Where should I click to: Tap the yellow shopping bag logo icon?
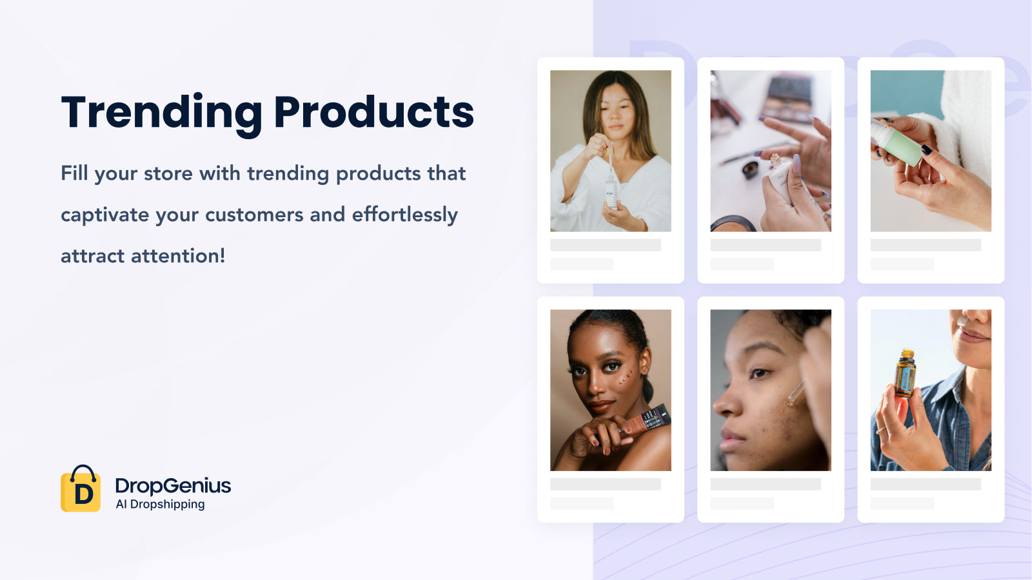(x=81, y=488)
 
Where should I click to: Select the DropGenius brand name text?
(x=174, y=486)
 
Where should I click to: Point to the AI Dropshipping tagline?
(x=161, y=504)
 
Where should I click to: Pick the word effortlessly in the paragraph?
(x=405, y=215)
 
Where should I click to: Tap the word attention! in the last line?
(x=178, y=256)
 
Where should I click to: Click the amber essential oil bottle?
(x=905, y=373)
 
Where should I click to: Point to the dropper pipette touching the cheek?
(x=795, y=392)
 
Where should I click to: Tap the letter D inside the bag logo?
(x=83, y=494)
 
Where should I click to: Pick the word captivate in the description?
(x=104, y=215)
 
